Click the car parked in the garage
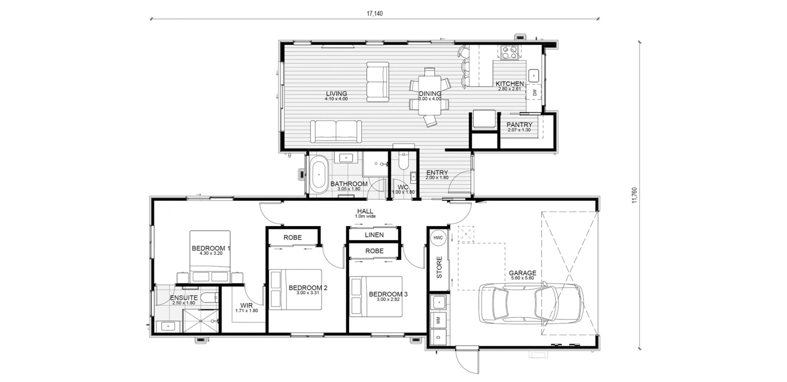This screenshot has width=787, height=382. click(x=531, y=303)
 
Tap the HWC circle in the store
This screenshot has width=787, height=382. click(x=438, y=238)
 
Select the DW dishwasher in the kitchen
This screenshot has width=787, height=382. click(x=535, y=92)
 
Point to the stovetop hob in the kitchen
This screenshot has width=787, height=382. click(x=509, y=52)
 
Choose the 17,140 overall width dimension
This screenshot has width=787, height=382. click(x=374, y=14)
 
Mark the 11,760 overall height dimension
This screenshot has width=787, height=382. click(x=634, y=195)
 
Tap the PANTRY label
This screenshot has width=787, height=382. click(x=519, y=125)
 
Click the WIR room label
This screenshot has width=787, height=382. click(x=246, y=305)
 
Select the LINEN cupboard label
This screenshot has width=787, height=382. click(x=374, y=235)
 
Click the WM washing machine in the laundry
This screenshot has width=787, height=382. click(x=438, y=320)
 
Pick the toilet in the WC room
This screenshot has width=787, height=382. click(x=403, y=160)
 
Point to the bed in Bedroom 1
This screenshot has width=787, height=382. click(x=210, y=256)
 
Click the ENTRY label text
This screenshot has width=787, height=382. click(x=437, y=173)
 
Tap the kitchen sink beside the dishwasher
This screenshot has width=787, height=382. click(x=534, y=75)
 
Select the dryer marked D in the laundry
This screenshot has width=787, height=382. click(x=438, y=337)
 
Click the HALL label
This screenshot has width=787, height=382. click(x=365, y=211)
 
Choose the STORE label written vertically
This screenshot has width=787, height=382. click(x=439, y=267)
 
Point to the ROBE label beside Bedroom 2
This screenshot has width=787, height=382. click(x=292, y=238)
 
